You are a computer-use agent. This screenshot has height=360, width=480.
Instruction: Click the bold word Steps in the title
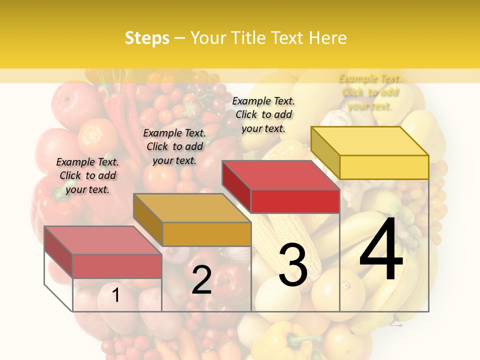(147, 38)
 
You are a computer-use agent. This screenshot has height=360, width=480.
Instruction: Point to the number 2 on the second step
(201, 279)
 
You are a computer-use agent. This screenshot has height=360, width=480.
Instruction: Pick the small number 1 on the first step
(115, 295)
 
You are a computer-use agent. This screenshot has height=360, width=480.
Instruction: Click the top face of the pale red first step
(102, 240)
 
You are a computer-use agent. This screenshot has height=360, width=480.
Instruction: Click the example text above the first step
(87, 175)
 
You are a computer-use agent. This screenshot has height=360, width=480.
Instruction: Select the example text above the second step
(174, 146)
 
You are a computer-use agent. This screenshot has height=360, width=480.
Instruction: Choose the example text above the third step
(263, 114)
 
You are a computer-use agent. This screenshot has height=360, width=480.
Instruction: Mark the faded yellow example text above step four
(370, 92)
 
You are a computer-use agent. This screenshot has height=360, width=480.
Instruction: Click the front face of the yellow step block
(384, 167)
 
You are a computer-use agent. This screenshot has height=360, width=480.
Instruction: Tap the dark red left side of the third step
(236, 185)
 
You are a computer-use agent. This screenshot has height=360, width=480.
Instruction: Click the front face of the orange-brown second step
(206, 234)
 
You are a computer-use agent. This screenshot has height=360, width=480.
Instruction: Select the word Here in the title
(328, 38)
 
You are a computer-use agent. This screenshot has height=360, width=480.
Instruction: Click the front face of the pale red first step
(117, 266)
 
